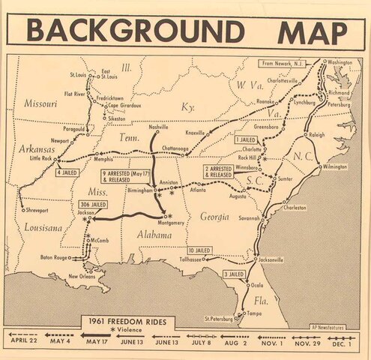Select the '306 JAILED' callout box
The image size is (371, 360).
[91, 204]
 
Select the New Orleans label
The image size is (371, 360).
[85, 277]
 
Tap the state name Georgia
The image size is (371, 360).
[214, 217]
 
